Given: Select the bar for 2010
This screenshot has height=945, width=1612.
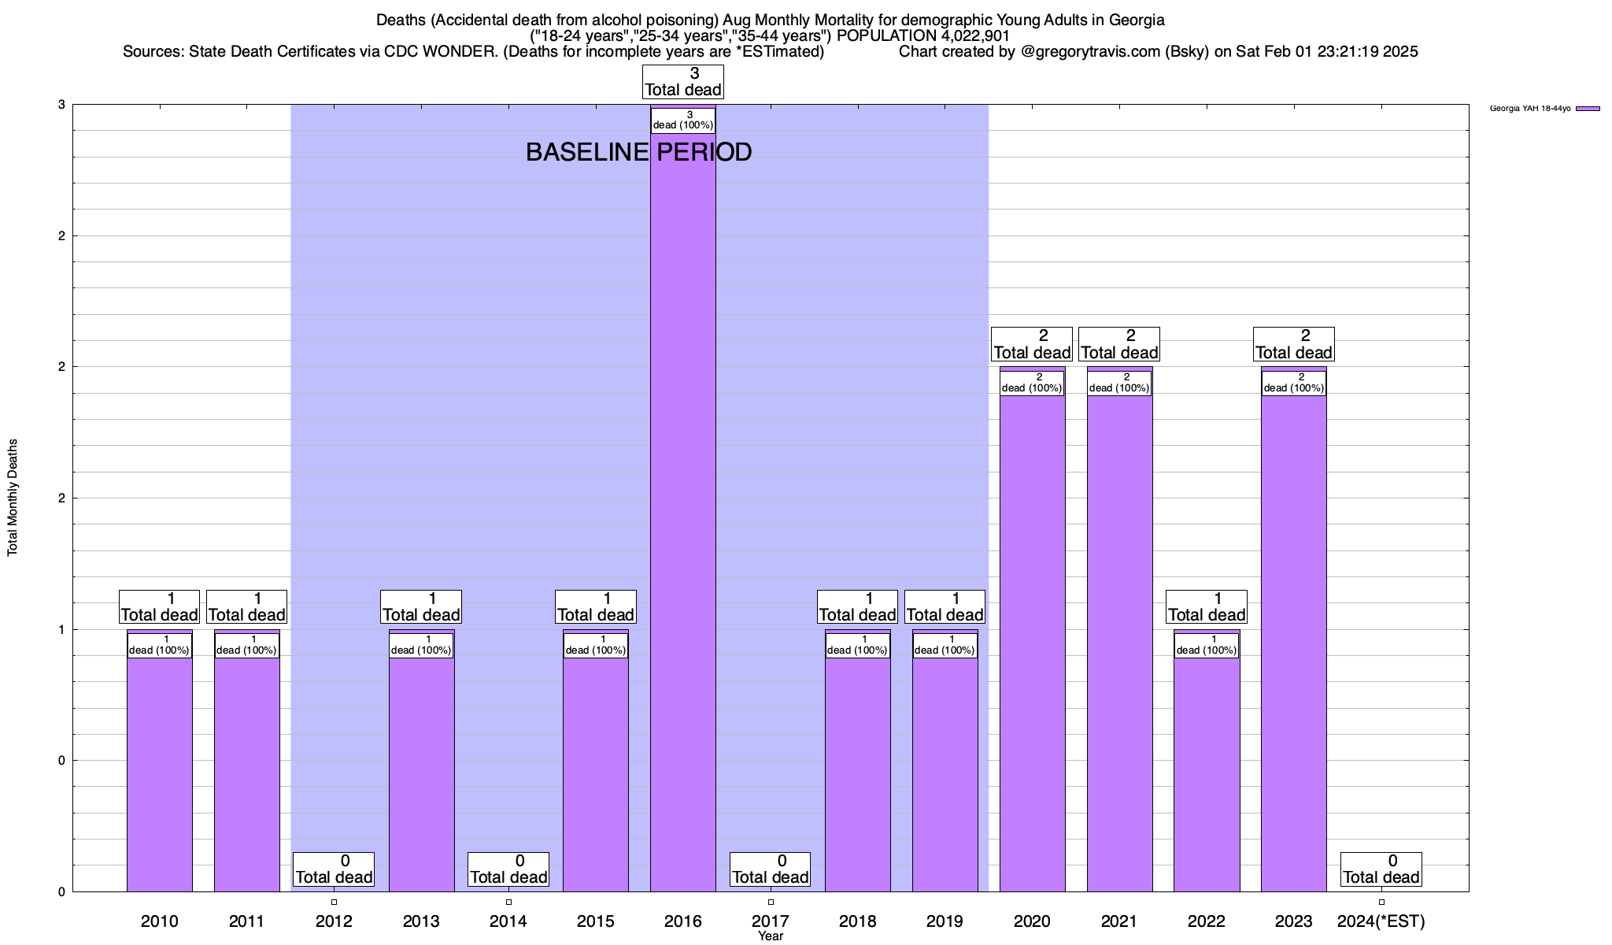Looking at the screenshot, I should click(159, 772).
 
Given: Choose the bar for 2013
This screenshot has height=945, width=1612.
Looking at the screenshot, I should click(421, 772).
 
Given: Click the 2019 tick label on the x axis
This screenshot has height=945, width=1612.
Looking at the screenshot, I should click(945, 921).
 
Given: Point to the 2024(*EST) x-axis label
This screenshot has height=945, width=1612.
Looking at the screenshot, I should click(1381, 921).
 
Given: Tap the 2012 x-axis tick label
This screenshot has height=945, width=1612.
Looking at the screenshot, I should click(334, 921).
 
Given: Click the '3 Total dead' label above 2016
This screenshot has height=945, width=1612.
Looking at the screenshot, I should click(682, 82).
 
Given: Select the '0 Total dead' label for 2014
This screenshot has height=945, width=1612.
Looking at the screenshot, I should click(508, 869).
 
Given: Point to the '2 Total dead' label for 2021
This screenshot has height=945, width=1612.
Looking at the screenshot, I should click(1118, 344).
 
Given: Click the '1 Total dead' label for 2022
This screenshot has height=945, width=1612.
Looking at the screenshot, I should click(1206, 607).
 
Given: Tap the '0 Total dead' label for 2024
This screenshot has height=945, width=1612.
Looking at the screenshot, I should click(1381, 869).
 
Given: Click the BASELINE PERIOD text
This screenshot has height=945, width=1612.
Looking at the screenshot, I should click(638, 152).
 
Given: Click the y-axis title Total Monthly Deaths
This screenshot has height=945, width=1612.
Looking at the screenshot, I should click(13, 498).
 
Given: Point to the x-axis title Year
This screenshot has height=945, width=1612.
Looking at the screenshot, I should click(771, 936).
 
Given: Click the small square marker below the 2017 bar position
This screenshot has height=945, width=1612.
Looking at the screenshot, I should click(771, 902).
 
